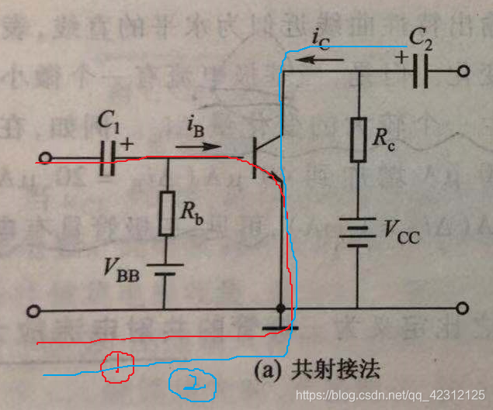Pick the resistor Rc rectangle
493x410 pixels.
[357, 140]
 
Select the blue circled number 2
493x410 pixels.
[190, 381]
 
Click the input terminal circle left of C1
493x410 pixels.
[45, 159]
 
